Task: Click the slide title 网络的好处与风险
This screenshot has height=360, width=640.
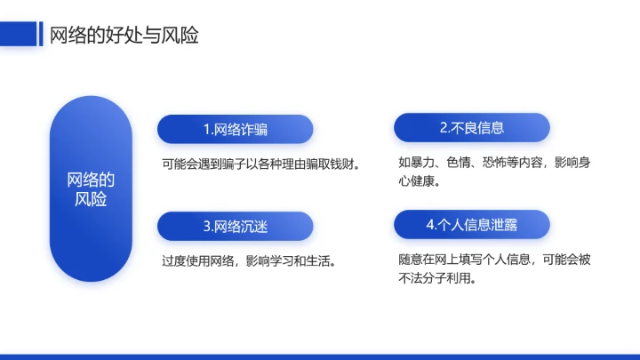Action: (x=123, y=36)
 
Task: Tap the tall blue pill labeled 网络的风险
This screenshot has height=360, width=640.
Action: (x=91, y=188)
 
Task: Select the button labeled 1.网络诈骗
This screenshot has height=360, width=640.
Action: (x=235, y=129)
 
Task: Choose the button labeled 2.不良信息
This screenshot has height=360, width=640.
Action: (x=471, y=128)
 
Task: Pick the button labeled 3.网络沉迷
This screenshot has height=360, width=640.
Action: (x=235, y=227)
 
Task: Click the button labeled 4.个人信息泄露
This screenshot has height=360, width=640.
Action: (x=471, y=225)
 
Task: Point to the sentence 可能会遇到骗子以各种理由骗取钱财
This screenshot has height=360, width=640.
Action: (x=260, y=164)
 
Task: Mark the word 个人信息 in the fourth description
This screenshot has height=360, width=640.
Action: (x=510, y=260)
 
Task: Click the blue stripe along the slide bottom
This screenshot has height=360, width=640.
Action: (x=320, y=356)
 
